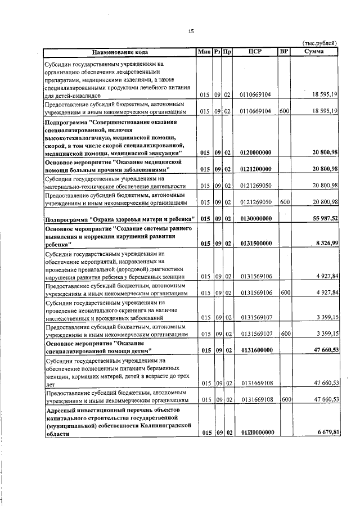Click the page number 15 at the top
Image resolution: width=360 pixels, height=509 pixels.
(191, 31)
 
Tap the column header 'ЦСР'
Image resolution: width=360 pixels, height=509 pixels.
(255, 52)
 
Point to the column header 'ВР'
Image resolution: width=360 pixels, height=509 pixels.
(284, 52)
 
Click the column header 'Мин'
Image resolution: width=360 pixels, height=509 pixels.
(204, 52)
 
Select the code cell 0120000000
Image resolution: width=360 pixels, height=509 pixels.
(255, 152)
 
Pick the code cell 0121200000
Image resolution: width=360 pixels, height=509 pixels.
(255, 169)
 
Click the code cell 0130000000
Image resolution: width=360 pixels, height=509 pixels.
(255, 219)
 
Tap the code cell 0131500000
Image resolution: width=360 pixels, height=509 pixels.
(255, 244)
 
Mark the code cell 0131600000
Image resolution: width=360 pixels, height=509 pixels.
(255, 350)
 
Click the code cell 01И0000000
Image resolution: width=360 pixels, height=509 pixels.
(255, 433)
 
